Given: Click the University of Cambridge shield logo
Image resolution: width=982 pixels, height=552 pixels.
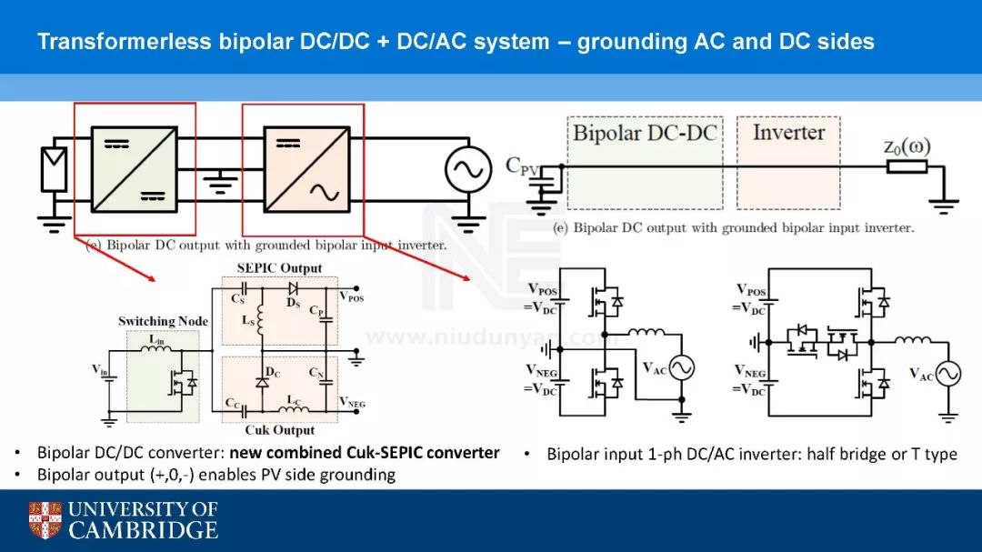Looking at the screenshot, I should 45,519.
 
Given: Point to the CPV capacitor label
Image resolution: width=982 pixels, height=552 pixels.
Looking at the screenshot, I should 524,166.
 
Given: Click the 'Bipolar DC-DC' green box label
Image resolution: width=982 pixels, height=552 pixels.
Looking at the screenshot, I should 645,133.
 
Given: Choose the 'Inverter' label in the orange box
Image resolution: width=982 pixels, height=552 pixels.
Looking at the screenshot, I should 788,132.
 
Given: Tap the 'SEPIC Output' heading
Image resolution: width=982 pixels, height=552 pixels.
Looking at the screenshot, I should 279,267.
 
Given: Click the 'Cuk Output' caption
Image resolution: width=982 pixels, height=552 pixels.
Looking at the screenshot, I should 280,430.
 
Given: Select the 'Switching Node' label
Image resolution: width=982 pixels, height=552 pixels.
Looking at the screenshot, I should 163,321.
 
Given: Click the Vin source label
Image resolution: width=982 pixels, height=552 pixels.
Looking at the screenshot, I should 102,370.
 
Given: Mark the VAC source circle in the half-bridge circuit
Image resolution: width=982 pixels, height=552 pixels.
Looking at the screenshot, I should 681,367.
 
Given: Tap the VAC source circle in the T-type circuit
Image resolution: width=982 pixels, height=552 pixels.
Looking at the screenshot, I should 948,374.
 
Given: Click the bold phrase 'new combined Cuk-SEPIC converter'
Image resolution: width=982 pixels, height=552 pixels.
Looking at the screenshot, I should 364,453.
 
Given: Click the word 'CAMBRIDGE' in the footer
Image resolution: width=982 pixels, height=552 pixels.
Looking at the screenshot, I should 144,530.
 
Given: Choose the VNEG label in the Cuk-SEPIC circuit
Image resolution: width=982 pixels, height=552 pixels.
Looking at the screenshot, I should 352,403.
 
